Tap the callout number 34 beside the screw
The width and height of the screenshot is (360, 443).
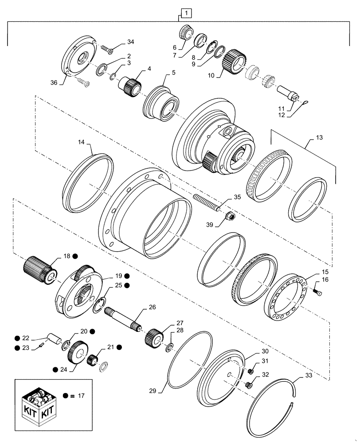pyautogui.click(x=130, y=42)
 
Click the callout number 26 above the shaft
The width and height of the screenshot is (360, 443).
pyautogui.click(x=152, y=307)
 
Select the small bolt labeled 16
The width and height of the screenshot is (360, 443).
pyautogui.click(x=317, y=291)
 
